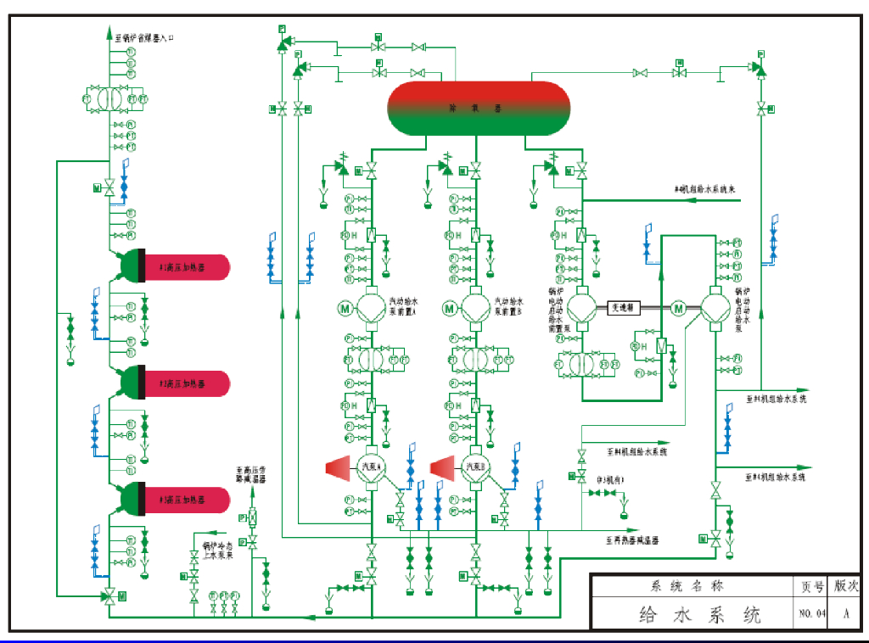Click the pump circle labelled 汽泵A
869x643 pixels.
tap(372, 467)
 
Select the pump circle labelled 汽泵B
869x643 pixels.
tap(476, 467)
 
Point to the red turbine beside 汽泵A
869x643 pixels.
tap(339, 467)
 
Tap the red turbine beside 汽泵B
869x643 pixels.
tap(444, 467)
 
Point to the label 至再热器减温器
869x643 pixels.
tap(632, 540)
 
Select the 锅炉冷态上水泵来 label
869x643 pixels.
tap(217, 551)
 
